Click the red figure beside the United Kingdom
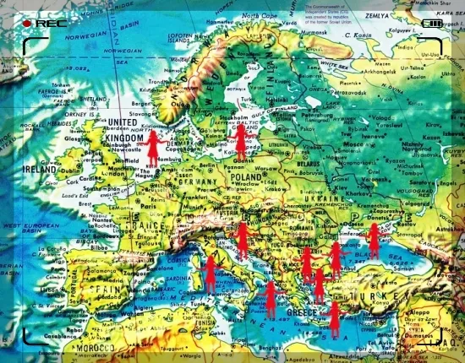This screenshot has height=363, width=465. (153, 149)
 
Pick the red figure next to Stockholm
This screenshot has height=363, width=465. (240, 141)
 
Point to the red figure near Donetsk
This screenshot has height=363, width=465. (374, 239)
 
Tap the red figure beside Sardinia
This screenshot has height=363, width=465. (211, 273)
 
